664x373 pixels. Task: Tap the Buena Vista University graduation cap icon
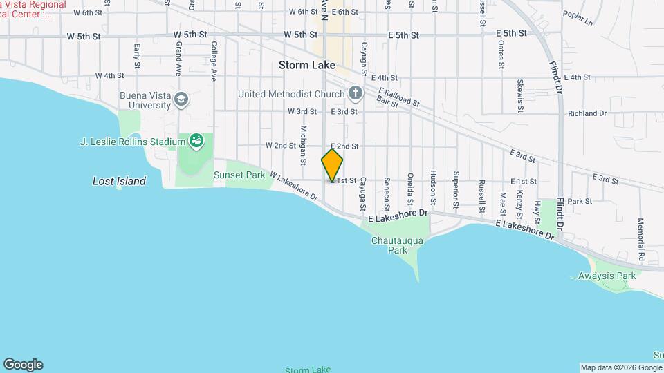point(181,99)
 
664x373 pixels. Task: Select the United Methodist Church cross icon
point(356,93)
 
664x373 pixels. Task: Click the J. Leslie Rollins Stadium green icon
point(197,142)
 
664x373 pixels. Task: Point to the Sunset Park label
point(239,175)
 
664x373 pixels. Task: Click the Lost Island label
point(120,181)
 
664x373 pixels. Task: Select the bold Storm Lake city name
point(307,65)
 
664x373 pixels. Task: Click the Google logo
point(23,365)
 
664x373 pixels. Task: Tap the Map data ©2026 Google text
point(620,367)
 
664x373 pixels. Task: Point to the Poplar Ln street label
point(578,18)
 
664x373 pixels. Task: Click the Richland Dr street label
point(587,113)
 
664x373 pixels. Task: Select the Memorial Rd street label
point(641,240)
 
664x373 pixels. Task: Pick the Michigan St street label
point(303,145)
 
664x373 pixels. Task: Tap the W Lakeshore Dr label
point(293,186)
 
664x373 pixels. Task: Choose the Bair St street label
point(387,103)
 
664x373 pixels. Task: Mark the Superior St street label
point(456,189)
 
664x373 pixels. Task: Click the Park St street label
point(580,201)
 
